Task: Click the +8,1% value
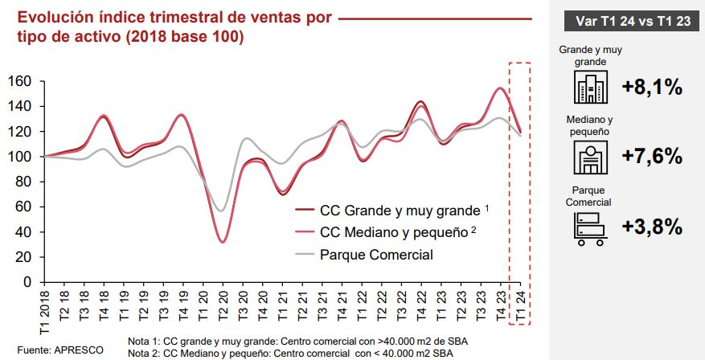coord(652,88)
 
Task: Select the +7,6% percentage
coord(652,155)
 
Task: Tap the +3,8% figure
coord(652,227)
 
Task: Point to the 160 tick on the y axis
coord(19,81)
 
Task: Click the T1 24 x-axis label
coord(520,305)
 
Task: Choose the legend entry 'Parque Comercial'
coord(377,256)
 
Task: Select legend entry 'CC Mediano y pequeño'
coord(393,233)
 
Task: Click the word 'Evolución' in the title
coord(53,18)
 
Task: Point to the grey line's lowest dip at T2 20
coord(223,211)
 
